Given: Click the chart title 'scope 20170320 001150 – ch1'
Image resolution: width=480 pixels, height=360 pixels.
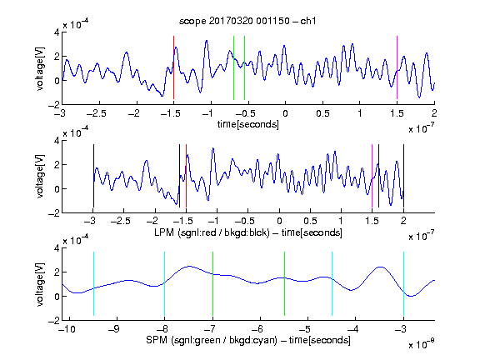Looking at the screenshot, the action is (x=247, y=21).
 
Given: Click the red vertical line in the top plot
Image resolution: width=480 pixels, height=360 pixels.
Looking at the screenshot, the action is (x=173, y=67).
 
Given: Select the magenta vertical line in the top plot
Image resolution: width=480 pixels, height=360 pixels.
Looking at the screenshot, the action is (x=397, y=67).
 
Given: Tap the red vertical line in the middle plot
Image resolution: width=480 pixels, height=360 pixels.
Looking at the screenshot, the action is (x=186, y=176).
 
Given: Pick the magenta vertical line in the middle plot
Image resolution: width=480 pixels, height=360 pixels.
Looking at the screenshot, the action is (x=372, y=176).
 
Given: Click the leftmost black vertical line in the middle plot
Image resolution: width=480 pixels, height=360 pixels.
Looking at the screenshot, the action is (x=93, y=176).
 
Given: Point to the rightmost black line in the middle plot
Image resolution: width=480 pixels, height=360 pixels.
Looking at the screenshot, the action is (x=403, y=176).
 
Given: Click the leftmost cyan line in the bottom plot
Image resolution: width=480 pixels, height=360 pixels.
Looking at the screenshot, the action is (x=93, y=283).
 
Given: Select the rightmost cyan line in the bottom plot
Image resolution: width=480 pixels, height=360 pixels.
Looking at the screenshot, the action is (x=403, y=283).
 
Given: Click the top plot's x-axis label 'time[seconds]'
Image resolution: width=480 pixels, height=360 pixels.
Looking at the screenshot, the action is (x=248, y=124).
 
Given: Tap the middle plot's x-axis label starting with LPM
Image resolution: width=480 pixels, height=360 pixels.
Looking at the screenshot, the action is (x=248, y=232).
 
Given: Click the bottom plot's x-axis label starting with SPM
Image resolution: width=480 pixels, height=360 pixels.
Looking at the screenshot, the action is (x=248, y=340).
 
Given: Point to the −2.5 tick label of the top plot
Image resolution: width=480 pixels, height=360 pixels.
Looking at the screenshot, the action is (x=97, y=113).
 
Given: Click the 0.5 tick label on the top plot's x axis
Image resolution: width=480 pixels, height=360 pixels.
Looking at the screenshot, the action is (x=322, y=113).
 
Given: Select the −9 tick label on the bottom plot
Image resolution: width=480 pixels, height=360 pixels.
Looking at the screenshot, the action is (x=114, y=329).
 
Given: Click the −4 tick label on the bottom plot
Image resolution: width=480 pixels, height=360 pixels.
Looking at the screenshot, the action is (x=353, y=329).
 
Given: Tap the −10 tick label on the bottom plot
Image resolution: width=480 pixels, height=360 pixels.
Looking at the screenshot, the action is (x=67, y=329).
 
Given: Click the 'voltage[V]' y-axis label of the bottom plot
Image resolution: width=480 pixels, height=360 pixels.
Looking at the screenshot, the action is (x=40, y=284).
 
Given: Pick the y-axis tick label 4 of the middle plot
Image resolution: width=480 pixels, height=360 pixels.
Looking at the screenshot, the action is (x=57, y=141).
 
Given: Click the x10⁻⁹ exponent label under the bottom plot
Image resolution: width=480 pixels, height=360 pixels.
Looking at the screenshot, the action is (x=421, y=345).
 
